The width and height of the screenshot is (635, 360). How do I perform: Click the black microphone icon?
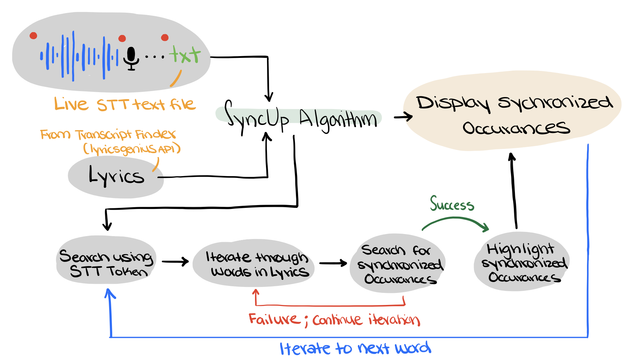131,59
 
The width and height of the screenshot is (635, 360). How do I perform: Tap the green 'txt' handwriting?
185,55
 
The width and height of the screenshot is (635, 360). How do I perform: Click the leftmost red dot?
33,35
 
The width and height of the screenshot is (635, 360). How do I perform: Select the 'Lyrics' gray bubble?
116,176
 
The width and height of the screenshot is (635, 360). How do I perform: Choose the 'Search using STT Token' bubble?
106,260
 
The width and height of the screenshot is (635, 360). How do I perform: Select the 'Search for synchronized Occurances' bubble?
398,263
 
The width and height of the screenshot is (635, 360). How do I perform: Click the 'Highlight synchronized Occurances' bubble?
522,262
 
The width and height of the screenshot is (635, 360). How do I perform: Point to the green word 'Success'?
452,204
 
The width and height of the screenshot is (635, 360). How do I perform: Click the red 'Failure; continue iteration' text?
334,320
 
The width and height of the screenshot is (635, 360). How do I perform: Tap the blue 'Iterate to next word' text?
355,348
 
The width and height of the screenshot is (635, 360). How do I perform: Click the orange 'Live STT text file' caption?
125,104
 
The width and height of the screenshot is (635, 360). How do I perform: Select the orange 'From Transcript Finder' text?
108,134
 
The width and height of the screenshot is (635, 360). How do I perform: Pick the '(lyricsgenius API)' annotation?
132,149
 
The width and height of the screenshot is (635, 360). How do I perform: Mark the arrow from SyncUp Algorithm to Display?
403,116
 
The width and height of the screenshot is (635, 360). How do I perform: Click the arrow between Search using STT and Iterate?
175,262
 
